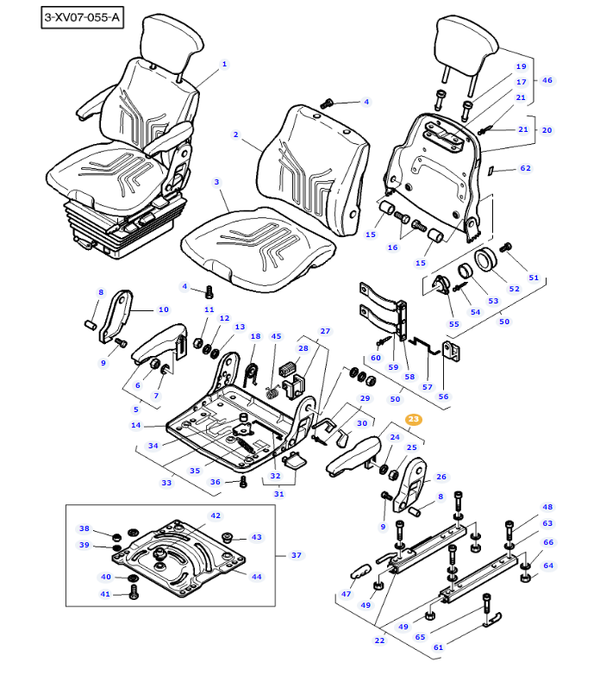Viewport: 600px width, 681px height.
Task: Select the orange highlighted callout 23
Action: (x=414, y=420)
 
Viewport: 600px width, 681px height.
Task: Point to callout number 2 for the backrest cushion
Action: (x=235, y=134)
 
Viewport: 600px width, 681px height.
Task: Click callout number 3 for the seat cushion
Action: (x=217, y=182)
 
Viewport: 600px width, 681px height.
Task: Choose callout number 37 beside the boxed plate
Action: (x=297, y=555)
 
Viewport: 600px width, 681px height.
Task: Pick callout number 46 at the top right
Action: (x=547, y=80)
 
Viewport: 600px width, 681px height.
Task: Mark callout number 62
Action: (x=525, y=169)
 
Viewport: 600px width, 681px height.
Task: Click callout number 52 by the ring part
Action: (x=514, y=288)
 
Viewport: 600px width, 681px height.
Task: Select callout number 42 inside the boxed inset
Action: (x=216, y=515)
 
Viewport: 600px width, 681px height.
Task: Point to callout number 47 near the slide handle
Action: (x=347, y=594)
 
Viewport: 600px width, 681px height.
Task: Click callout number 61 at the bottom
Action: (x=438, y=647)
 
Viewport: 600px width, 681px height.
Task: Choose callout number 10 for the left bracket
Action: (x=163, y=309)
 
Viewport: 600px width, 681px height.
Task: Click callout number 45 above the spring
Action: (x=276, y=337)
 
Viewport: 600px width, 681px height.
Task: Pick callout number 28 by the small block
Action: (x=303, y=348)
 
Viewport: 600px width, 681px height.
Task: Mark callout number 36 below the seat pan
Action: (x=216, y=482)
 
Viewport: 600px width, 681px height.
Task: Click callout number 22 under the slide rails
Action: (x=379, y=640)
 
